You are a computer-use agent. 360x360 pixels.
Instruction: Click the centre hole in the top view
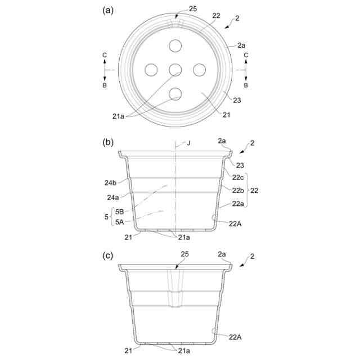(x=175, y=70)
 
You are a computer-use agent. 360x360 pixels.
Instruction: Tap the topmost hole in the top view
(x=175, y=46)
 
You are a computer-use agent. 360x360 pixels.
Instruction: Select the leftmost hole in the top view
(x=151, y=70)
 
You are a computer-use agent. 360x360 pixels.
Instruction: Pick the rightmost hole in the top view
(x=199, y=70)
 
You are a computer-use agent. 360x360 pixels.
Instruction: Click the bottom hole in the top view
(x=175, y=94)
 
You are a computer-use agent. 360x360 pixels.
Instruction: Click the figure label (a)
(x=108, y=10)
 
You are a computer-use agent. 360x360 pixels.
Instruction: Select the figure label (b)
(x=108, y=142)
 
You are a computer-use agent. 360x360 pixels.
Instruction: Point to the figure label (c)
(x=107, y=255)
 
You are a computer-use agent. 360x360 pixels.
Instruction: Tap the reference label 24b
(x=110, y=183)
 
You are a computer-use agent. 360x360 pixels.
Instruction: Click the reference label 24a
(x=113, y=197)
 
